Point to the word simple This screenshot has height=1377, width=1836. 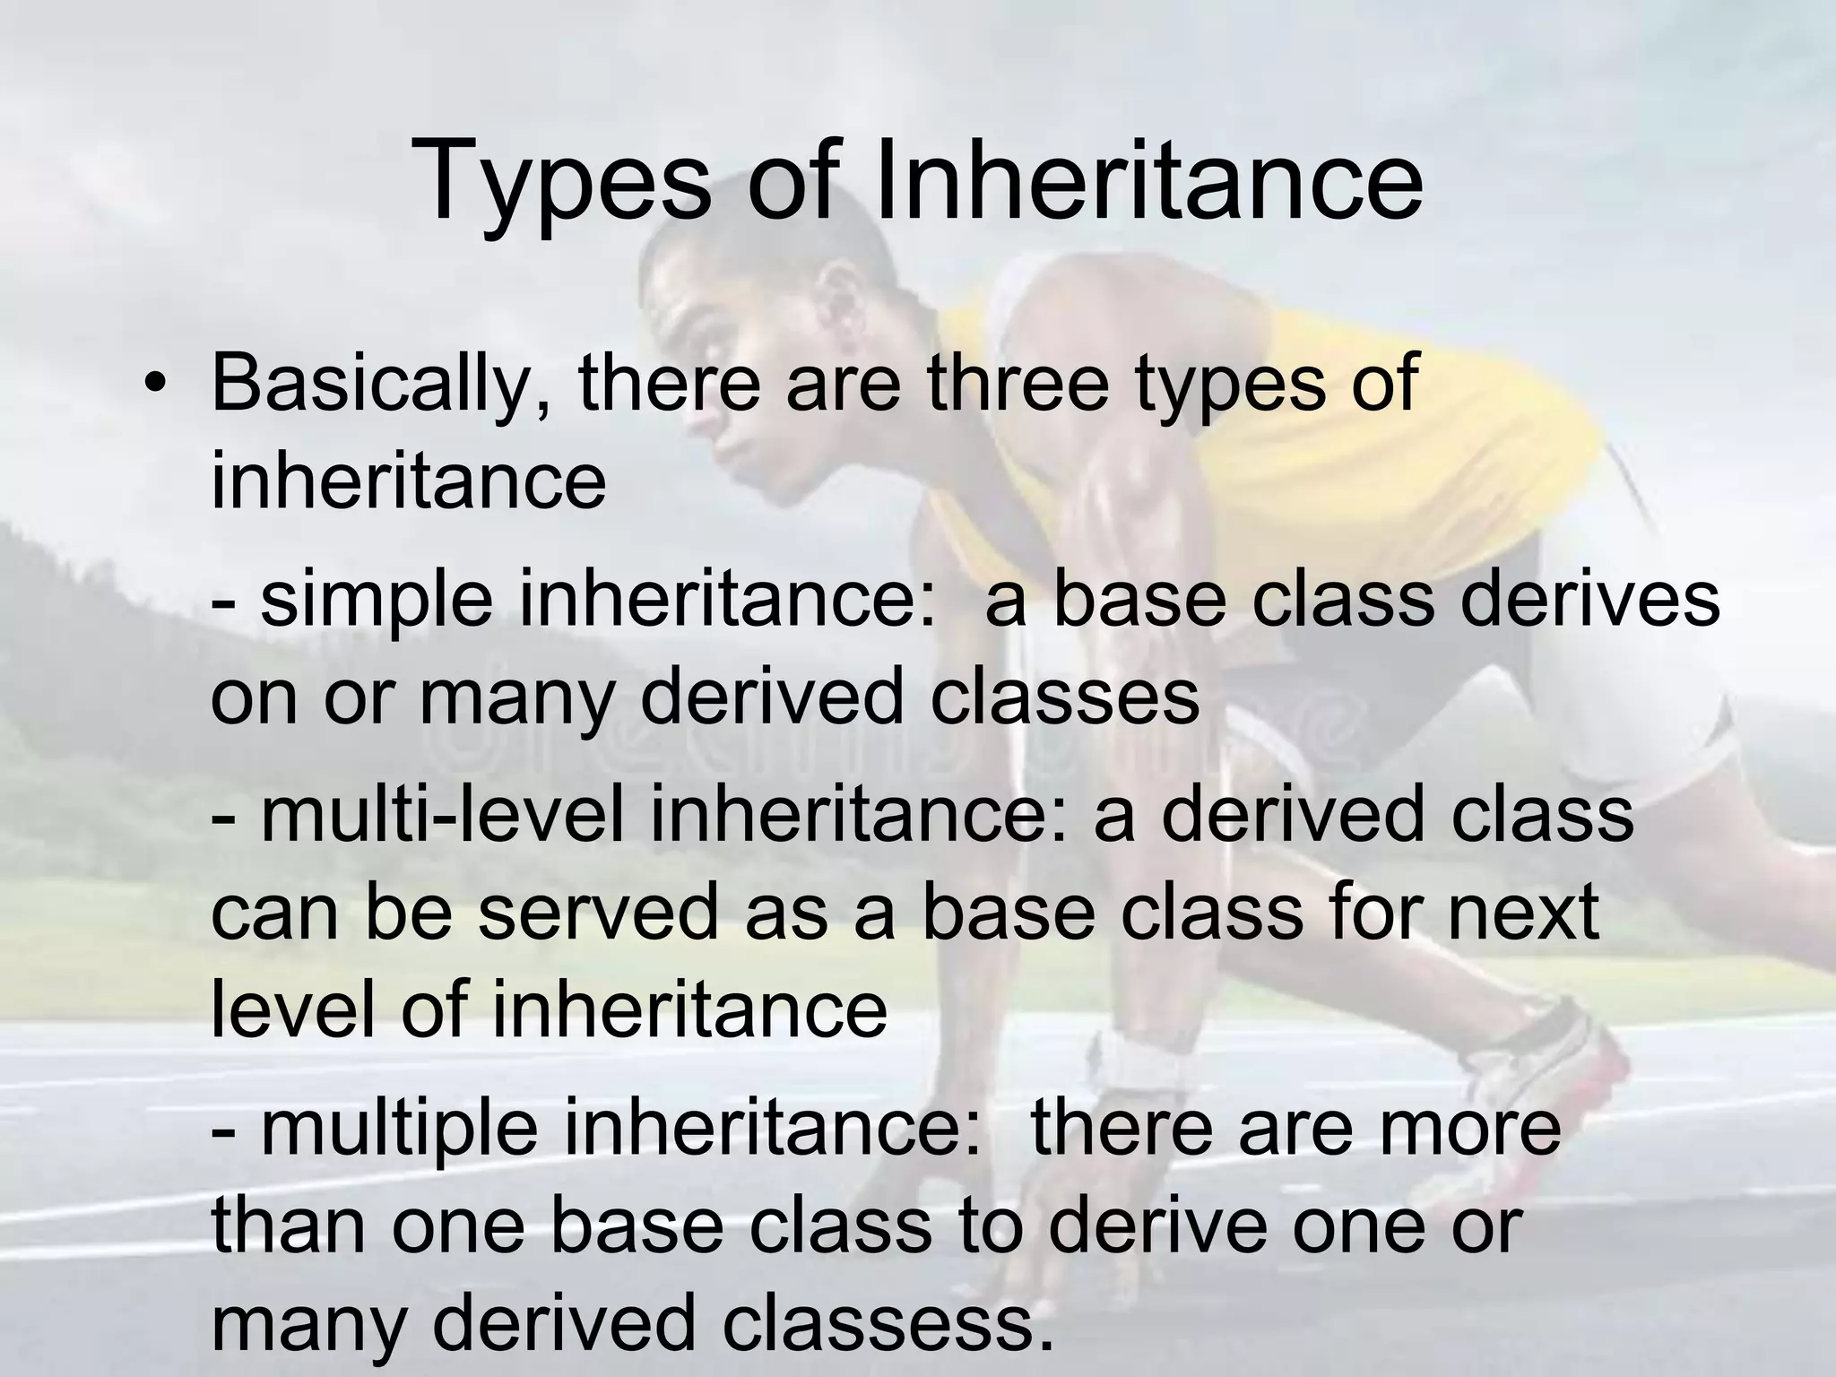point(377,602)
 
